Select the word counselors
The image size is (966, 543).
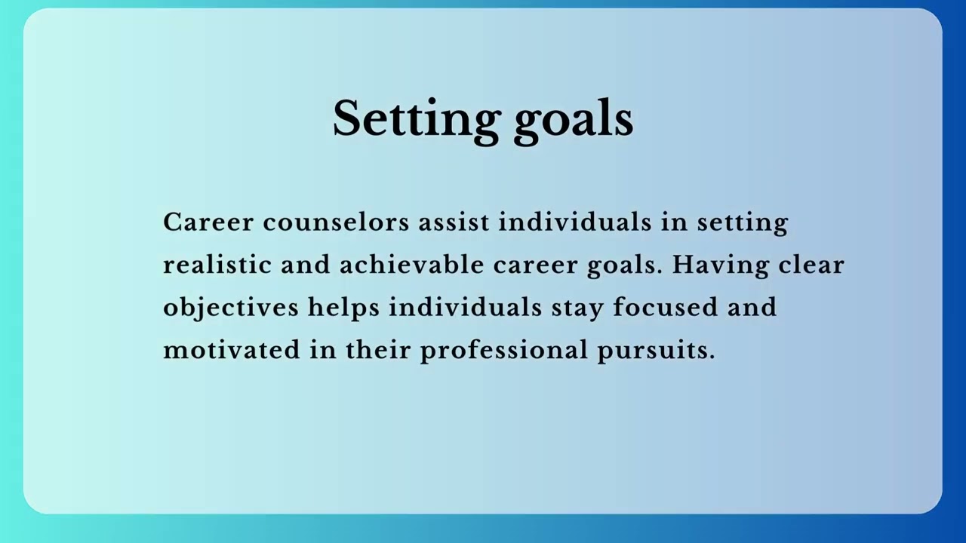click(336, 222)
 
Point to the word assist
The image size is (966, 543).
click(454, 222)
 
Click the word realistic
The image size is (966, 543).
click(217, 265)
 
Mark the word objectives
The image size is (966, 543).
click(231, 308)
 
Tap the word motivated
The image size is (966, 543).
click(232, 350)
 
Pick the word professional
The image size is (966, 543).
click(503, 350)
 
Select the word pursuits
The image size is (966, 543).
click(653, 350)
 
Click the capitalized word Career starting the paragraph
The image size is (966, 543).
click(208, 222)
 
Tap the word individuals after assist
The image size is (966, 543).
click(575, 222)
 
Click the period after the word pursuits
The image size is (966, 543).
click(712, 356)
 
